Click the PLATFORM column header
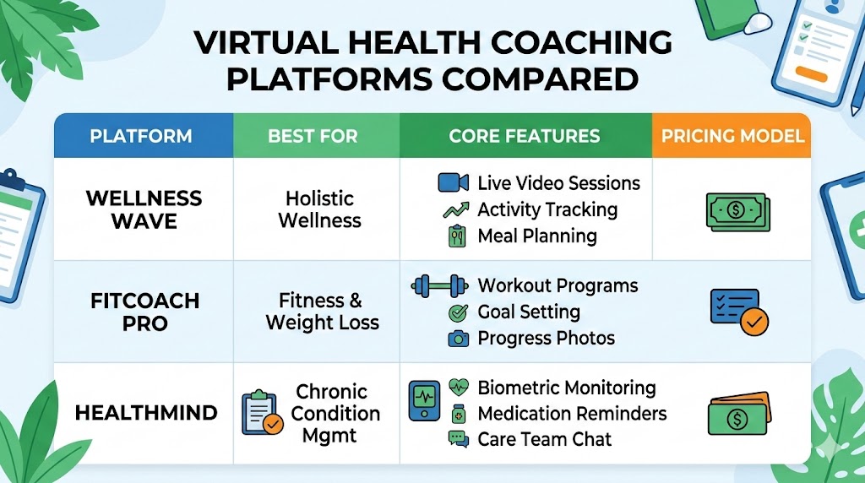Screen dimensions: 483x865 (141, 136)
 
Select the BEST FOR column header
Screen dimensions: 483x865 (313, 136)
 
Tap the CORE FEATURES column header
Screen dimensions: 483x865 (525, 136)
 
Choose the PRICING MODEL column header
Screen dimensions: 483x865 (732, 136)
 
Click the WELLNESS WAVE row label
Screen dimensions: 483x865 (144, 209)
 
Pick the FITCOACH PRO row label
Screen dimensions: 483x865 (144, 312)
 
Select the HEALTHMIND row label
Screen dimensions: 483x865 (146, 413)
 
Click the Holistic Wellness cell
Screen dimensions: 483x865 (319, 209)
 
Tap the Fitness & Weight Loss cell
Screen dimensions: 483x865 (322, 312)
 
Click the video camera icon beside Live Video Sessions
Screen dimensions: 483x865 (453, 183)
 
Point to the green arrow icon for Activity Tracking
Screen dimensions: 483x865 (456, 209)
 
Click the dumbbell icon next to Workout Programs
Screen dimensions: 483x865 (438, 286)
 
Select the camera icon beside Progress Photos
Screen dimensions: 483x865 (457, 339)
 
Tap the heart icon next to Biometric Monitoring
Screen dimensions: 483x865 (459, 388)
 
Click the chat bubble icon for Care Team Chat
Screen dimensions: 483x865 (458, 439)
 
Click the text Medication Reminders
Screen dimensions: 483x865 (572, 414)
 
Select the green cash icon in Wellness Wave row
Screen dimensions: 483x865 (736, 211)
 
